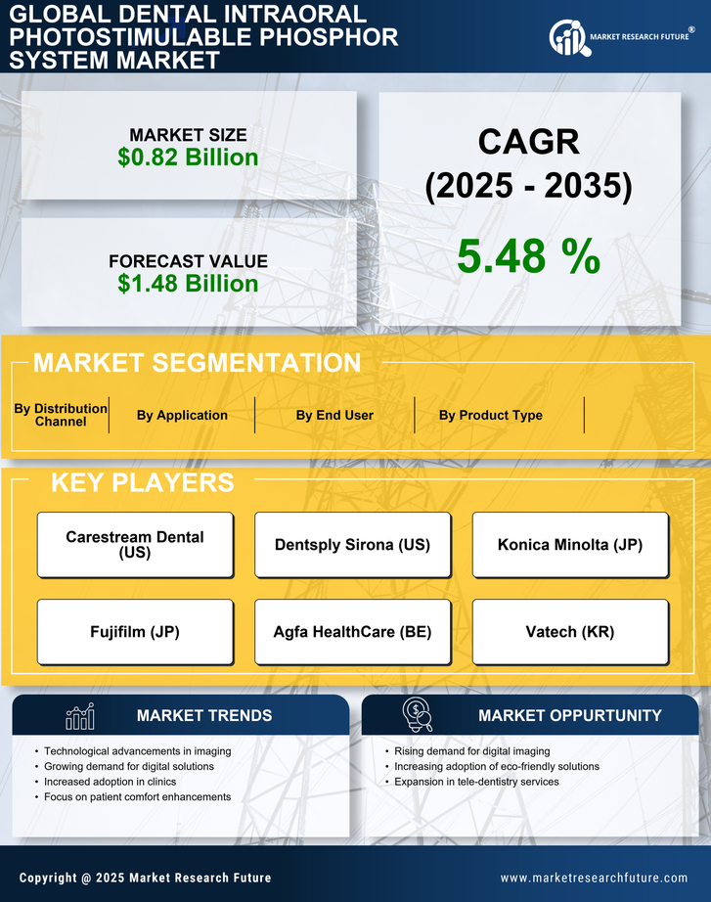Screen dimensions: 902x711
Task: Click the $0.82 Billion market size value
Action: (x=188, y=158)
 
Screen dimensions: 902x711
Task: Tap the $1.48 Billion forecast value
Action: (x=188, y=284)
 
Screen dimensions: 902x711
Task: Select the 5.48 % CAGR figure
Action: (x=528, y=256)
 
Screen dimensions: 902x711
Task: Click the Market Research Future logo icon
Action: (x=566, y=37)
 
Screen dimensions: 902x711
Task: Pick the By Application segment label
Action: (x=182, y=415)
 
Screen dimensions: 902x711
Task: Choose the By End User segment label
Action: (x=334, y=415)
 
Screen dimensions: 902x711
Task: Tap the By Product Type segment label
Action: (x=490, y=415)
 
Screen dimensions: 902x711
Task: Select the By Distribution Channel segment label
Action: (x=61, y=415)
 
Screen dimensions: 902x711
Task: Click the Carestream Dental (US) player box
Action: (x=135, y=545)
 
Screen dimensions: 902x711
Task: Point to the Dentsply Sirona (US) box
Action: (x=352, y=545)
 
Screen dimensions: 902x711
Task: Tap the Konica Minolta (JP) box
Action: (x=570, y=545)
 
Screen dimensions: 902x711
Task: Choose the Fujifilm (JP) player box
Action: (x=135, y=632)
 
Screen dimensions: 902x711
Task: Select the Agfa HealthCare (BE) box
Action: (x=352, y=632)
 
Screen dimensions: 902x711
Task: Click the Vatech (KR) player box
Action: (x=570, y=632)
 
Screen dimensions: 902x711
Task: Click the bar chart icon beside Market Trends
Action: (x=79, y=716)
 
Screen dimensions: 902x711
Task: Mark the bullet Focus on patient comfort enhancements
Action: (x=137, y=797)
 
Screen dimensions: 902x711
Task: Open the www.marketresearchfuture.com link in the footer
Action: (x=594, y=878)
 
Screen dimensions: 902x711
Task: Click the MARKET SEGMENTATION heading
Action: (x=197, y=363)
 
